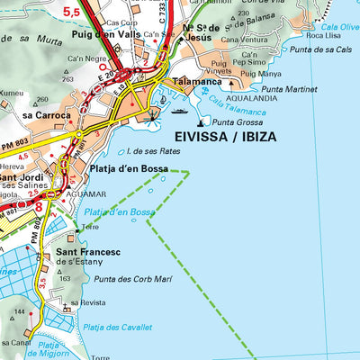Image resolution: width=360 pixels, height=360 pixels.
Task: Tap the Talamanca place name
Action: pyautogui.click(x=199, y=81)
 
